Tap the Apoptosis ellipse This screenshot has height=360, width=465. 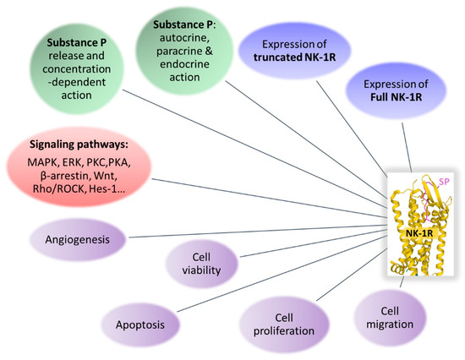point(139,323)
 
